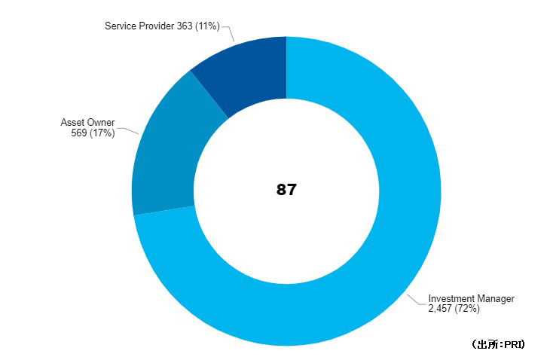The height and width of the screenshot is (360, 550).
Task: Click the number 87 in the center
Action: click(286, 190)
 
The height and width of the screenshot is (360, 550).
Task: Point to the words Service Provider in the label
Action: click(139, 26)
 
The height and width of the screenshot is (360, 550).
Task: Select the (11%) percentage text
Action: click(207, 26)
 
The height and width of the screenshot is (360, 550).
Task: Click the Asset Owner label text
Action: click(87, 122)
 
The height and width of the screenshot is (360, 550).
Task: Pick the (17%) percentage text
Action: click(101, 133)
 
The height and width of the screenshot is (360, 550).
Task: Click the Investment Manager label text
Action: click(471, 299)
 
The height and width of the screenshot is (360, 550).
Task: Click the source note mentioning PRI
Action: click(498, 344)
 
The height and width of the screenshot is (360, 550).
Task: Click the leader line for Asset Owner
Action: click(128, 129)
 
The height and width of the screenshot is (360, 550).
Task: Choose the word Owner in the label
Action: click(101, 122)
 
